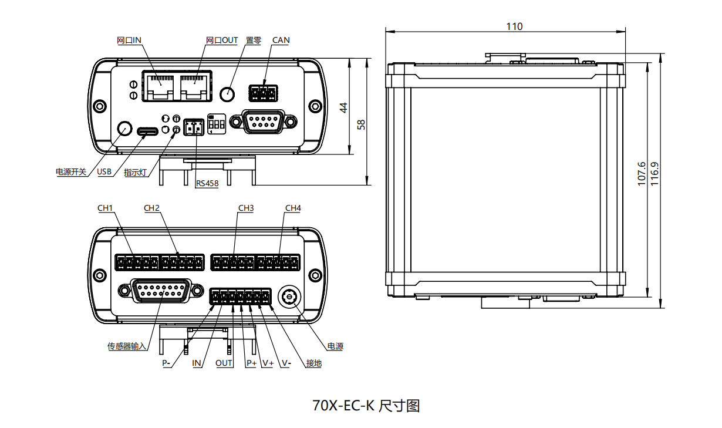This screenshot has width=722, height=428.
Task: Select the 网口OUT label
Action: (222, 41)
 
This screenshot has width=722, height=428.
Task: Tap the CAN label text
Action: (281, 41)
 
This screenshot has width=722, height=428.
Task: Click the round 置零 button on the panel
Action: (227, 93)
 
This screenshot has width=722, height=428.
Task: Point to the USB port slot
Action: (149, 130)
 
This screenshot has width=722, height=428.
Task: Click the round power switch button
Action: (124, 128)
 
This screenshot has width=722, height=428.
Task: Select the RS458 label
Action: (207, 184)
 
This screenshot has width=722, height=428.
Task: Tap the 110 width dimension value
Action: (514, 26)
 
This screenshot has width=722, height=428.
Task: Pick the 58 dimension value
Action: (362, 124)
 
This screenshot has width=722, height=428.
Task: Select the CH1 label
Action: (105, 208)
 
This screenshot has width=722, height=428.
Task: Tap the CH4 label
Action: (293, 208)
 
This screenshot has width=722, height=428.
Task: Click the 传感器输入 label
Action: (126, 346)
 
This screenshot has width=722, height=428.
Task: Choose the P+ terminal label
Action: (251, 363)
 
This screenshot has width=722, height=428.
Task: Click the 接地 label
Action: (314, 363)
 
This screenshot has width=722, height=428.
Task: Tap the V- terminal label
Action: (286, 363)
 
